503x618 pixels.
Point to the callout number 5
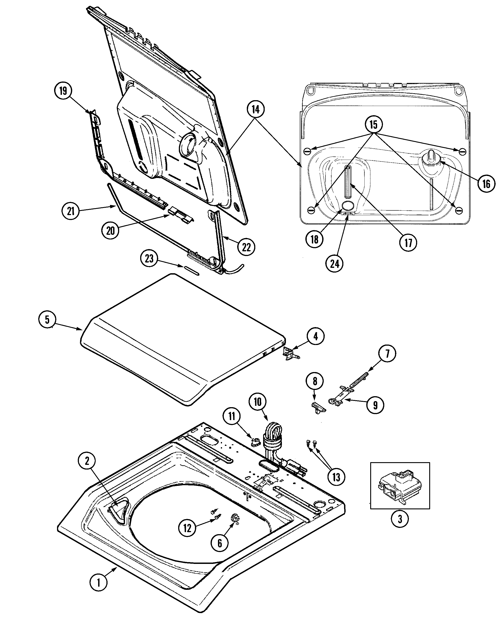click(47, 320)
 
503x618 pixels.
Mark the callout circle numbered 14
click(256, 110)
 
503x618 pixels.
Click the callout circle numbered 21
click(71, 211)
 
